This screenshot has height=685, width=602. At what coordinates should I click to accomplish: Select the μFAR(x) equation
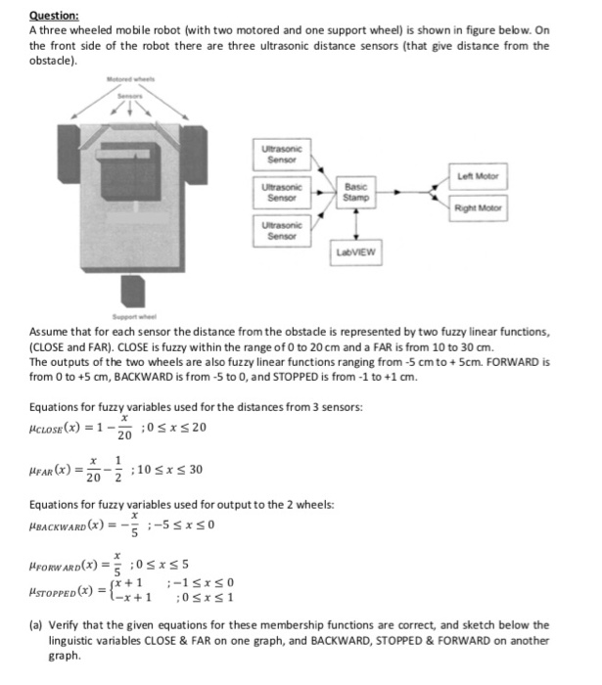[x=116, y=471]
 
